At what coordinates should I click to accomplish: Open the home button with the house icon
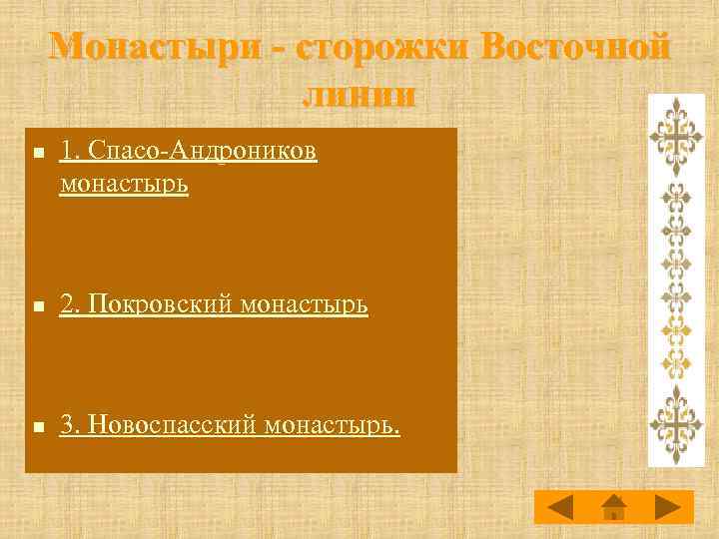[x=614, y=507]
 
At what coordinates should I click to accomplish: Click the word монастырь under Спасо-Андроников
[x=124, y=185]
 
